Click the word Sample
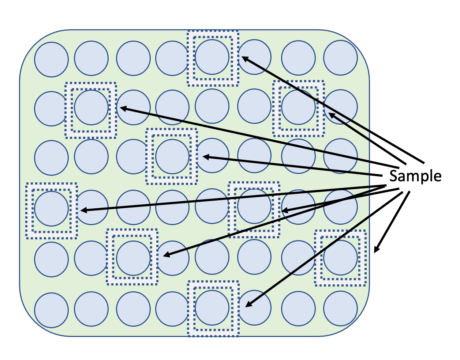pyautogui.click(x=415, y=176)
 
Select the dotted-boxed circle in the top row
pyautogui.click(x=212, y=57)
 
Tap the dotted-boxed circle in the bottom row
pyautogui.click(x=212, y=308)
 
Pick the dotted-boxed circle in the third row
pyautogui.click(x=172, y=156)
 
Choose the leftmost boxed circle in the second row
pyautogui.click(x=91, y=107)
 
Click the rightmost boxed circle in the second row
pyautogui.click(x=299, y=107)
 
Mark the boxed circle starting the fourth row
pyautogui.click(x=52, y=208)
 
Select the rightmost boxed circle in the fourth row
pyautogui.click(x=254, y=206)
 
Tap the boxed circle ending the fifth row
pyautogui.click(x=341, y=257)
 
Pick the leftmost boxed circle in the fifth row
pyautogui.click(x=133, y=258)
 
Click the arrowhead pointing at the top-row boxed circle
pyautogui.click(x=244, y=58)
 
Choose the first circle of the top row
pyautogui.click(x=52, y=60)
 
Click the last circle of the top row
pyautogui.click(x=341, y=58)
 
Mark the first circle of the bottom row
pyautogui.click(x=52, y=310)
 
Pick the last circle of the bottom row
pyautogui.click(x=341, y=308)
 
